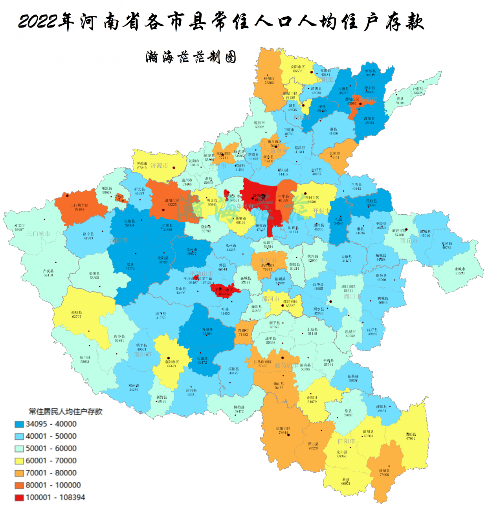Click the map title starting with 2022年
221,21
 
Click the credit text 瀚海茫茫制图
191,57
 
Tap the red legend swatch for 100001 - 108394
19,497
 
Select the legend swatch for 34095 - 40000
19,424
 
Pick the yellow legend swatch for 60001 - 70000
19,461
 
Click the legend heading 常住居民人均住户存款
65,412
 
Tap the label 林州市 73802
269,81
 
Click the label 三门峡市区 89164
79,207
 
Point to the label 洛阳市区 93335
172,203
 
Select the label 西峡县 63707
77,315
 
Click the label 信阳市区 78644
283,431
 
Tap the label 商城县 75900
384,473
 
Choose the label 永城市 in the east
460,271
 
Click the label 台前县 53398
418,91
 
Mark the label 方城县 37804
207,331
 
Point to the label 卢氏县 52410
48,273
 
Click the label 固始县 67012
411,436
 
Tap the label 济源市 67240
142,166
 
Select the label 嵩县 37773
130,267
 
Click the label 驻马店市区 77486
262,364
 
